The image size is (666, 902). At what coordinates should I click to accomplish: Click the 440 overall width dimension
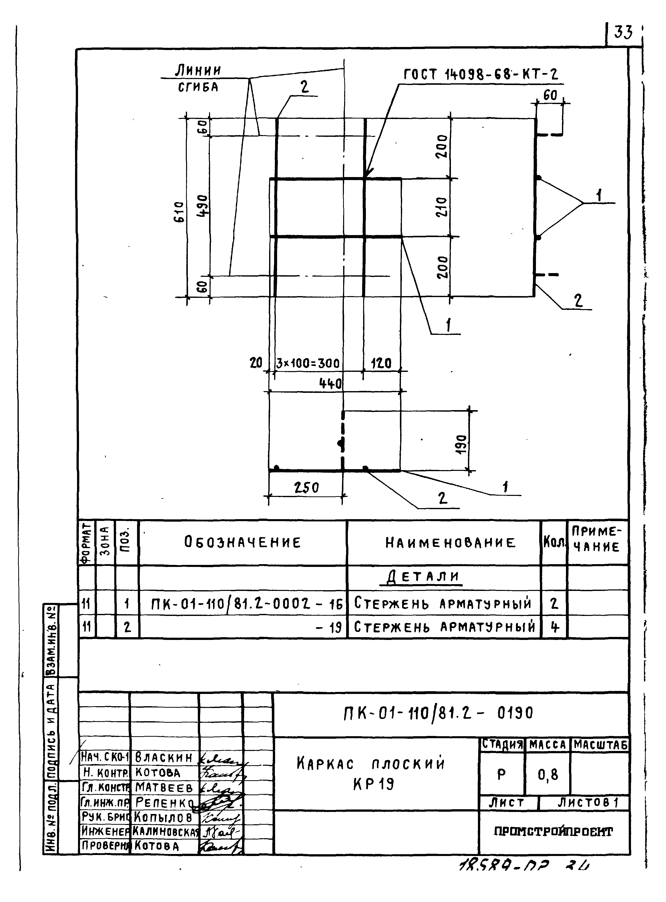pos(331,384)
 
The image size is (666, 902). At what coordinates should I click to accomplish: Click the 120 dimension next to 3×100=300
pos(381,364)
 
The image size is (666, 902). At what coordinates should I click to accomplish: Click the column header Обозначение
pos(243,542)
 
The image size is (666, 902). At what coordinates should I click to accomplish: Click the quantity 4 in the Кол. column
pos(554,627)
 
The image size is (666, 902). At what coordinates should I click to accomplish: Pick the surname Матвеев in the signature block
pos(164,787)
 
